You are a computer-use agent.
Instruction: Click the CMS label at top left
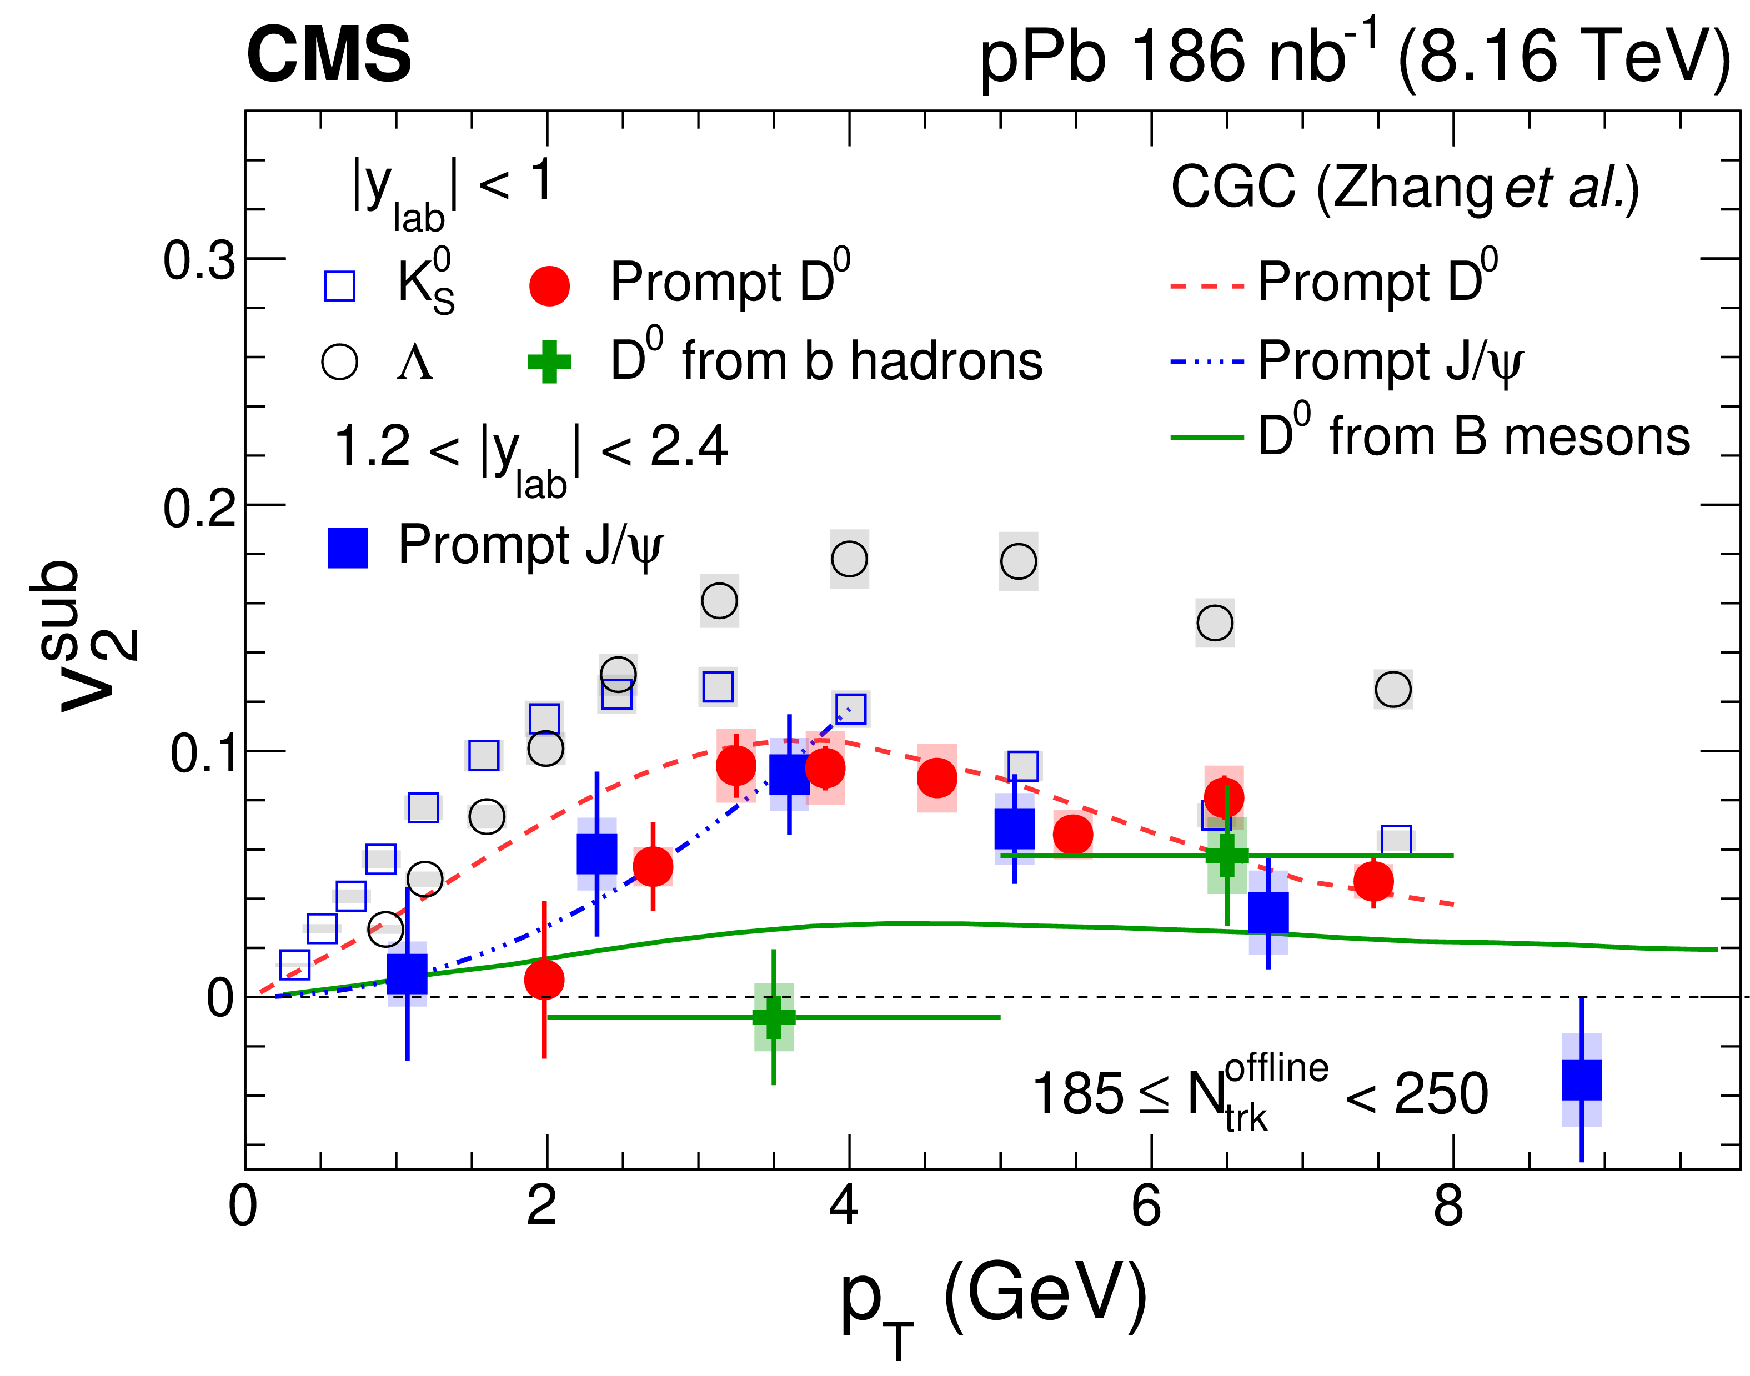click(329, 55)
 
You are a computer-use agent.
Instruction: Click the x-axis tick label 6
click(1146, 1207)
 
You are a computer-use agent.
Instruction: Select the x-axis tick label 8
click(1448, 1207)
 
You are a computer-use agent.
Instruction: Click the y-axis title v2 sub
click(84, 636)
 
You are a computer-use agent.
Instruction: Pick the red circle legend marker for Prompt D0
click(549, 285)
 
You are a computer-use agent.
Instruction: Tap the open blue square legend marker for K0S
click(339, 285)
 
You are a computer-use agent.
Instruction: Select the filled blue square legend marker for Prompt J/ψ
click(347, 548)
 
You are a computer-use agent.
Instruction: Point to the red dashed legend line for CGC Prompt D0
click(1206, 285)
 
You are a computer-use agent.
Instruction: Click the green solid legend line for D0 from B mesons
click(1206, 438)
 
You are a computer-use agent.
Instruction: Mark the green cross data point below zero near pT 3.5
click(774, 1017)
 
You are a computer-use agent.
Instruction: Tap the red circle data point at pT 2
click(545, 980)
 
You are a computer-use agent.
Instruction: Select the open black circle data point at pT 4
click(849, 558)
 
